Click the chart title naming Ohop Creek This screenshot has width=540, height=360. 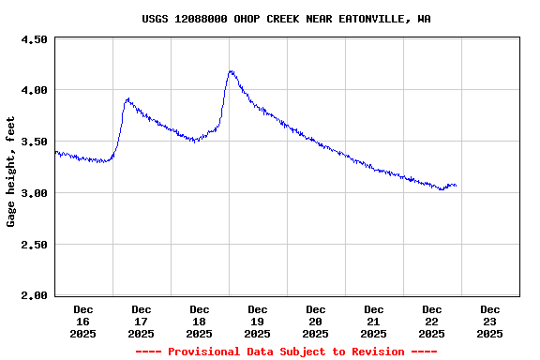coord(287,19)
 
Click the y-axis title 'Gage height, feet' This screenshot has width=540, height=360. coord(11,172)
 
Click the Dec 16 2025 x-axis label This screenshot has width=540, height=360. coord(83,321)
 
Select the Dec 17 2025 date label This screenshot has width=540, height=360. coord(142,321)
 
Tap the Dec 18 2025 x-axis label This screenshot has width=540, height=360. coord(200,321)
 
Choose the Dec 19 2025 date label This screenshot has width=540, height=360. coord(258,321)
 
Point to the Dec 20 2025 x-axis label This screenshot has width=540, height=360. coord(316,321)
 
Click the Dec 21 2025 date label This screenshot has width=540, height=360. coord(374,321)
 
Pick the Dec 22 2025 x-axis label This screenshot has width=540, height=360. coord(432,321)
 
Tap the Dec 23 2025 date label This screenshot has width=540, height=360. coord(490,321)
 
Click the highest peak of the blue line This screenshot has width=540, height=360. coord(231,71)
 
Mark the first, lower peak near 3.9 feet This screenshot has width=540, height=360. coord(127,98)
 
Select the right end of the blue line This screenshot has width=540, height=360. coord(456,186)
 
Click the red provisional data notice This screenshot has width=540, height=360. coord(286,352)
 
